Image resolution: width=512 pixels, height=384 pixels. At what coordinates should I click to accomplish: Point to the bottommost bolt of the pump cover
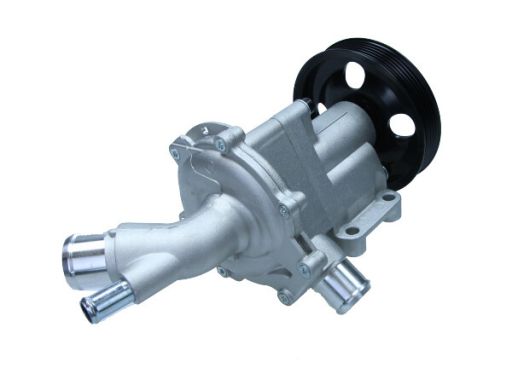pos(287,297)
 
